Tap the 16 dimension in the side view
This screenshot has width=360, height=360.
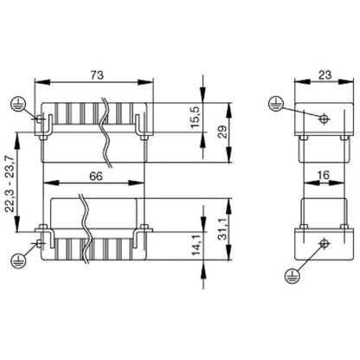323,174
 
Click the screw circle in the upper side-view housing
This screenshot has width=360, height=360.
323,119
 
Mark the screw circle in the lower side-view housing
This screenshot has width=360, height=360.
323,243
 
